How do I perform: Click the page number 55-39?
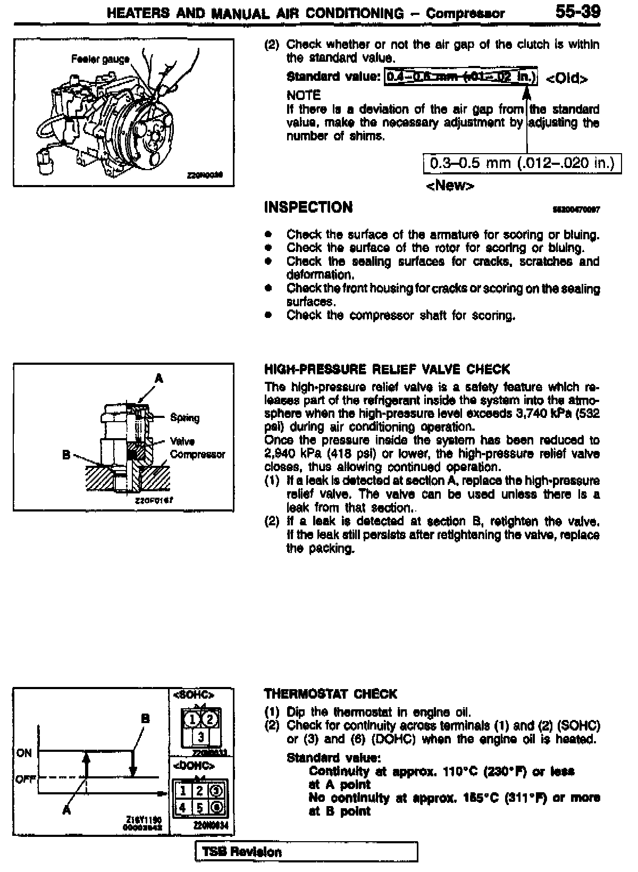[x=577, y=12]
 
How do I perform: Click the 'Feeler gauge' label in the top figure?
[x=100, y=59]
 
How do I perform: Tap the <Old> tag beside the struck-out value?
[x=567, y=79]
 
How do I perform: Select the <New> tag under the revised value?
[x=450, y=186]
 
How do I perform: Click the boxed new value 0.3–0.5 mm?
[x=522, y=163]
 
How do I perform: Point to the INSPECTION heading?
[x=308, y=207]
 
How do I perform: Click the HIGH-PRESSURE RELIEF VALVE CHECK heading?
[x=387, y=369]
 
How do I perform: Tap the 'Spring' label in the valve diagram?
[x=184, y=418]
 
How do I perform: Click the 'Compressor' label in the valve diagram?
[x=197, y=455]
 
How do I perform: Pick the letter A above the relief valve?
[x=158, y=379]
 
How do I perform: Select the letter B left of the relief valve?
[x=66, y=455]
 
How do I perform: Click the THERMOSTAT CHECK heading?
[x=330, y=694]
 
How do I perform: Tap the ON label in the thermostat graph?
[x=24, y=753]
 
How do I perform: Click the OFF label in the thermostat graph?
[x=25, y=779]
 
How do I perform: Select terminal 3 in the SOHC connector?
[x=200, y=737]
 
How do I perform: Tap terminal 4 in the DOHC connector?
[x=182, y=807]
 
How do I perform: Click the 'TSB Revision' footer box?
[x=307, y=851]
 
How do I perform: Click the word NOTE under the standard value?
[x=304, y=96]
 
